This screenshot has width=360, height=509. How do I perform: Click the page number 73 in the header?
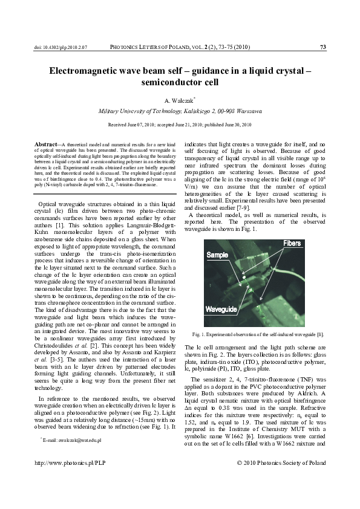coord(323,47)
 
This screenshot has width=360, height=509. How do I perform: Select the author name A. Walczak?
coord(180,101)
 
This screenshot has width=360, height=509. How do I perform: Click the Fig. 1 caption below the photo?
coord(258,334)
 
